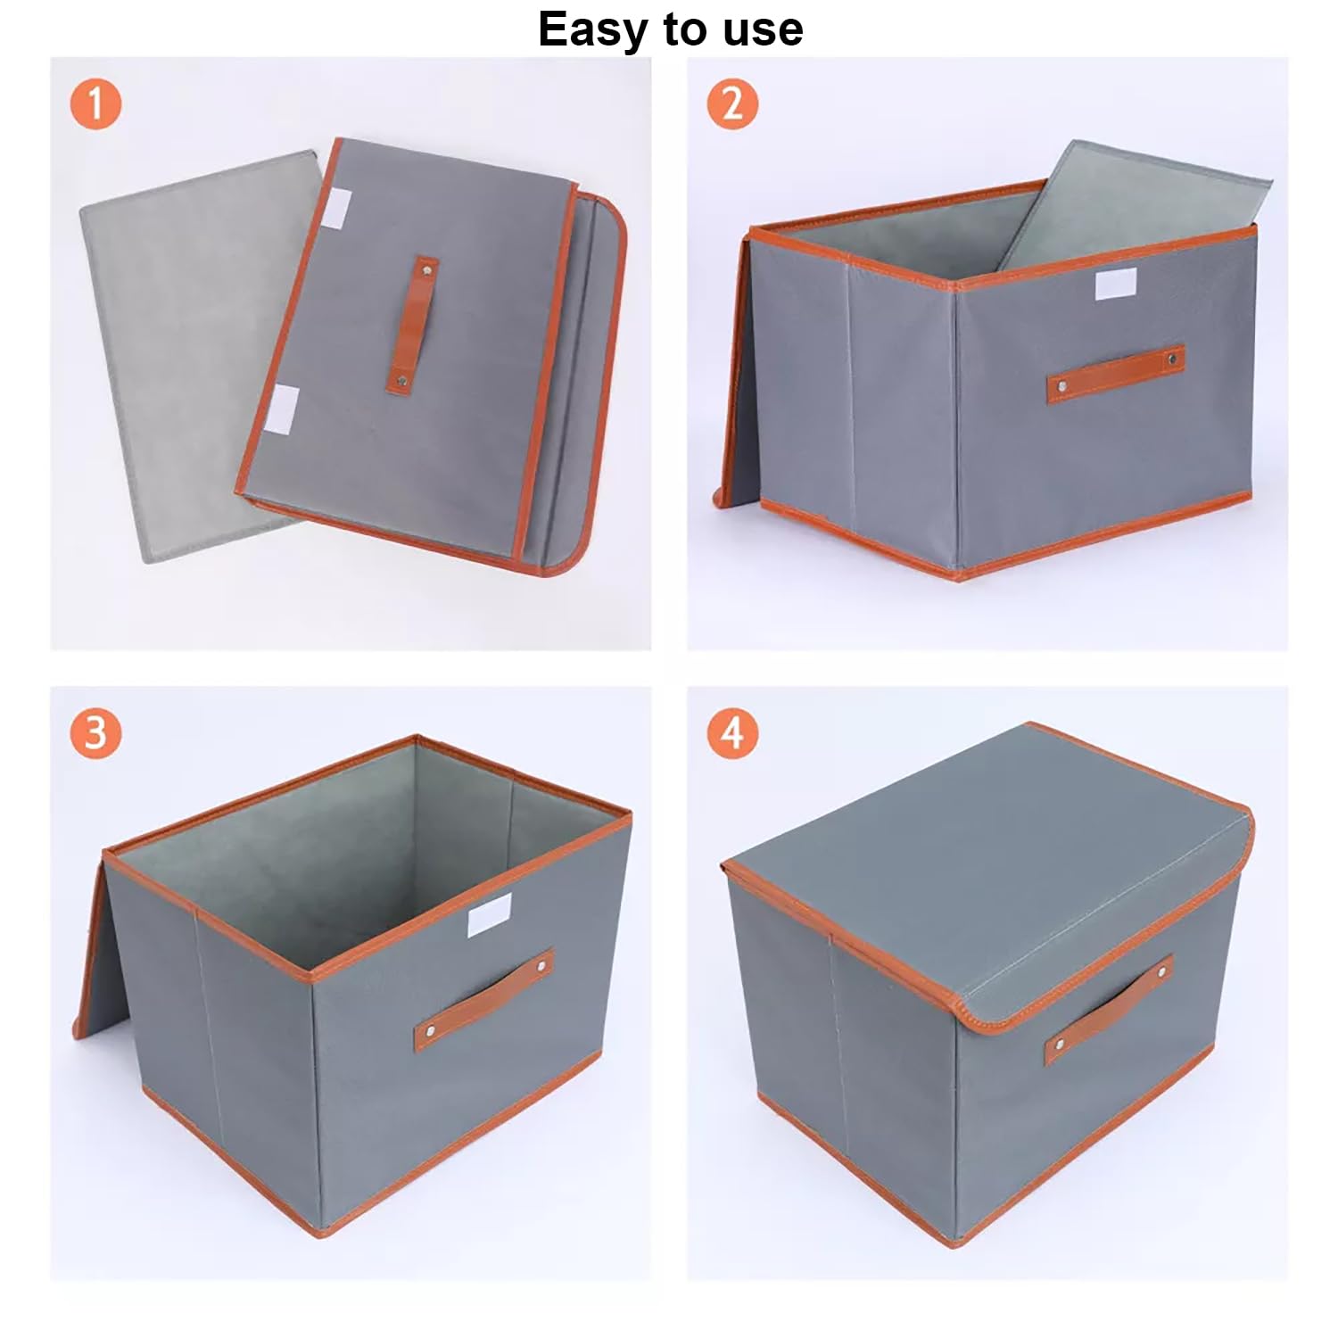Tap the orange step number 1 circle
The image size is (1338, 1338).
(95, 104)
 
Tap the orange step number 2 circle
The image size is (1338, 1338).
(732, 104)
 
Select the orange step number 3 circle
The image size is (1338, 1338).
(95, 733)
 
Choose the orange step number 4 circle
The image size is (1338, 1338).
(732, 733)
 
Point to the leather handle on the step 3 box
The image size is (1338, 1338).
(483, 999)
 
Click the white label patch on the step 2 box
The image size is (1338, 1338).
(1115, 284)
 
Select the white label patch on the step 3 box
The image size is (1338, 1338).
(489, 914)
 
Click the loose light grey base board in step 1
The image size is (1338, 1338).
(178, 357)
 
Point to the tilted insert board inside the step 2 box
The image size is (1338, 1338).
(1133, 205)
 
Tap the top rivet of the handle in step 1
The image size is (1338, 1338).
(425, 266)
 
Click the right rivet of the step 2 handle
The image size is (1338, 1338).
(1172, 359)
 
